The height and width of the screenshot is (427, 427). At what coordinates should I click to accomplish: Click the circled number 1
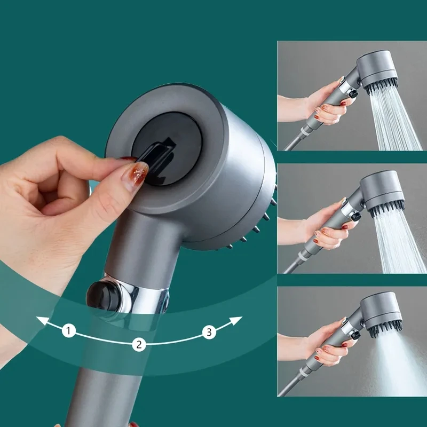click(68, 331)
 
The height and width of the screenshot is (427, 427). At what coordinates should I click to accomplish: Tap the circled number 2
click(139, 344)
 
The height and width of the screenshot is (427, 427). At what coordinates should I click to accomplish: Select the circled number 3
click(209, 333)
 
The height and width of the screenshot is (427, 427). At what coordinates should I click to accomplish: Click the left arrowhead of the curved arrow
click(41, 320)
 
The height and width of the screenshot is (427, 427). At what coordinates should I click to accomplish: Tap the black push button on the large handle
click(101, 293)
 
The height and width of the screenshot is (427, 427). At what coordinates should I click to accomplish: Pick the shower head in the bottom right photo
click(382, 315)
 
